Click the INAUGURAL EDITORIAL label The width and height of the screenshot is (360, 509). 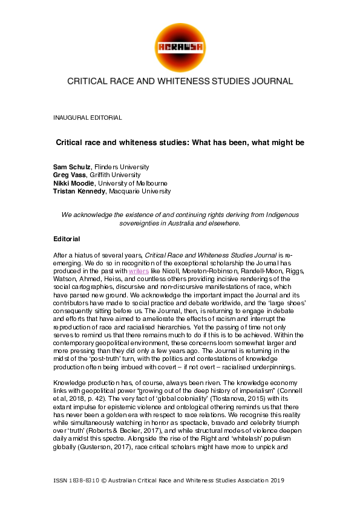tap(88, 117)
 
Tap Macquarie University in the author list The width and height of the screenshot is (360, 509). tap(144, 191)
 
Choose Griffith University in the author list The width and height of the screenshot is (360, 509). tap(118, 175)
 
